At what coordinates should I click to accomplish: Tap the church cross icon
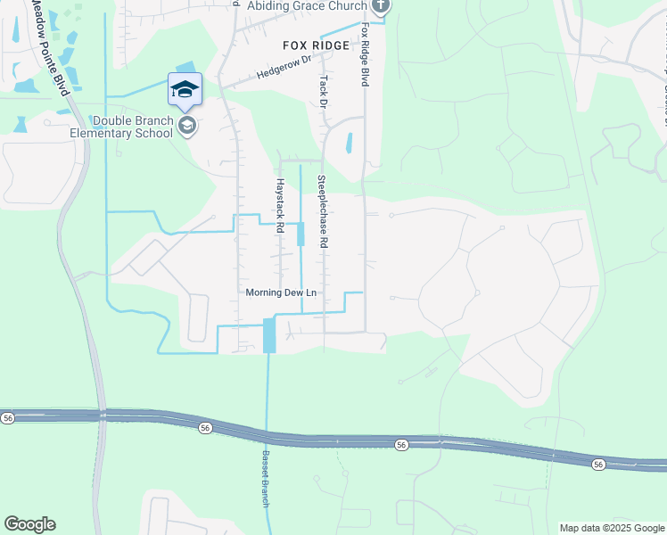(x=381, y=6)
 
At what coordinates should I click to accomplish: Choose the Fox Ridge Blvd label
(x=365, y=54)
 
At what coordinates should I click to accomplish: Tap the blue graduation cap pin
(x=185, y=90)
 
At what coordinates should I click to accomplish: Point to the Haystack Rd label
(x=279, y=206)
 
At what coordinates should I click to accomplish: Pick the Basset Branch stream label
(x=266, y=478)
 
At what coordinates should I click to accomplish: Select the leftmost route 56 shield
(x=8, y=417)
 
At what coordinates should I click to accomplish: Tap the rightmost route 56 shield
(x=597, y=464)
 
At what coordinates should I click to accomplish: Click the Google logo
(x=29, y=524)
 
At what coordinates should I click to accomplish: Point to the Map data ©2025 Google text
(x=611, y=528)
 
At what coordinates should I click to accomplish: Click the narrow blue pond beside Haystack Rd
(x=301, y=234)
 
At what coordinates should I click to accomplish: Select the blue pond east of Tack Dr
(x=349, y=143)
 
